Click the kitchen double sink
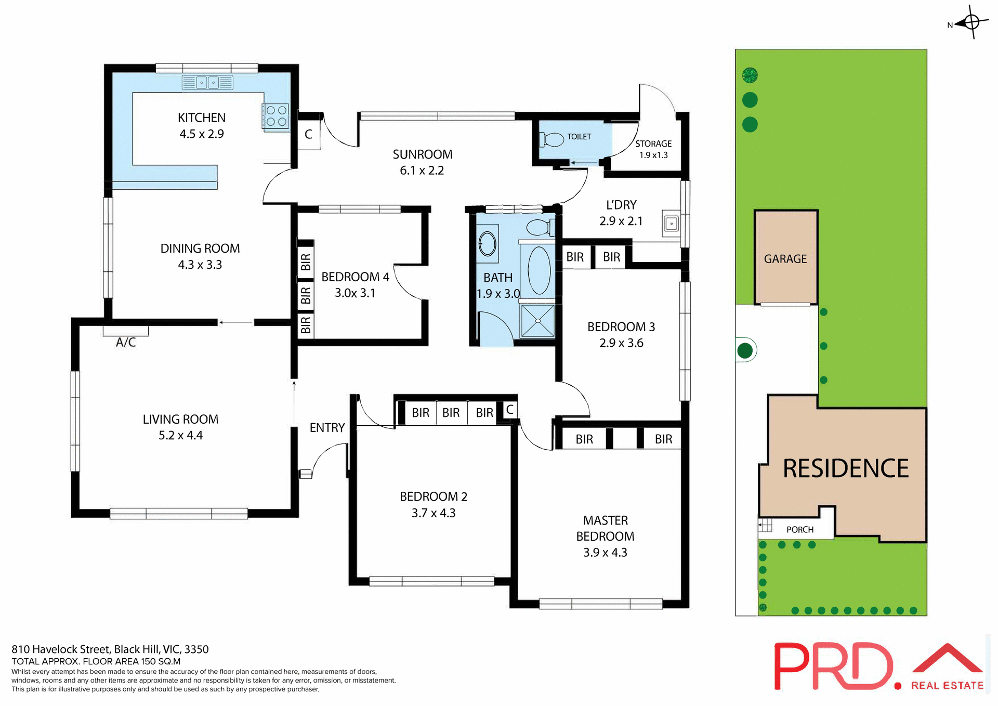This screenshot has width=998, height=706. pos(207,83)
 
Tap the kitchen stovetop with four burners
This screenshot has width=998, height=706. pos(276,116)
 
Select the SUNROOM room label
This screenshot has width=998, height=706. pos(422,154)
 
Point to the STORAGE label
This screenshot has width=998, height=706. pos(653,143)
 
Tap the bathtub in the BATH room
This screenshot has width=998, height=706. pos(539,270)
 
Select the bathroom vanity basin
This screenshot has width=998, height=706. pos(488,243)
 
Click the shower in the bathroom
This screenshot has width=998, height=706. pos(537,321)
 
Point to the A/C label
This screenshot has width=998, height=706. pos(126,342)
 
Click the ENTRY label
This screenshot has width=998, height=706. pos(327,427)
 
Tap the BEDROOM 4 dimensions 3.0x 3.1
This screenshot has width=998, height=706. pos(354,293)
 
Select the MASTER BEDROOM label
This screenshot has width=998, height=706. pos(605,528)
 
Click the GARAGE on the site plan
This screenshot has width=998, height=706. pos(785,258)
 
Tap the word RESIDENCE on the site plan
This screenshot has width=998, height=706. pos(845,468)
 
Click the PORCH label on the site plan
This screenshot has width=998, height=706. pos(799,529)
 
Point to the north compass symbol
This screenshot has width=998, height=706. pos(970,22)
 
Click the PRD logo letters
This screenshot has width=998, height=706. pos(832,666)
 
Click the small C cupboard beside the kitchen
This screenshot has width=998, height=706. pos(308,134)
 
